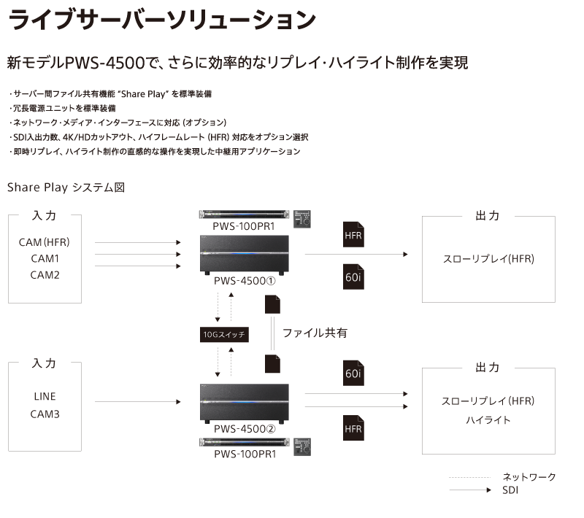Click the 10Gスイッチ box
click(224, 335)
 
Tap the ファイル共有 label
click(315, 333)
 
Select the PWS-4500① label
click(244, 281)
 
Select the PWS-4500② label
click(244, 429)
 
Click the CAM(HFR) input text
click(45, 242)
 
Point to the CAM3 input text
click(45, 414)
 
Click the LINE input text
click(45, 398)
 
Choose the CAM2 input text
click(45, 275)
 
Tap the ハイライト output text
click(488, 420)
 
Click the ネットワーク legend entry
click(529, 477)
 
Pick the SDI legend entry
click(510, 490)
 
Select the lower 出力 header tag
click(488, 368)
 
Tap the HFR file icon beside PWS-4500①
click(353, 236)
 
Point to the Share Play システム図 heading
click(66, 188)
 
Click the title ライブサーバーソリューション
click(162, 20)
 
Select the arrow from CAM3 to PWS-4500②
click(137, 402)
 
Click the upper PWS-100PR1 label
click(244, 227)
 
